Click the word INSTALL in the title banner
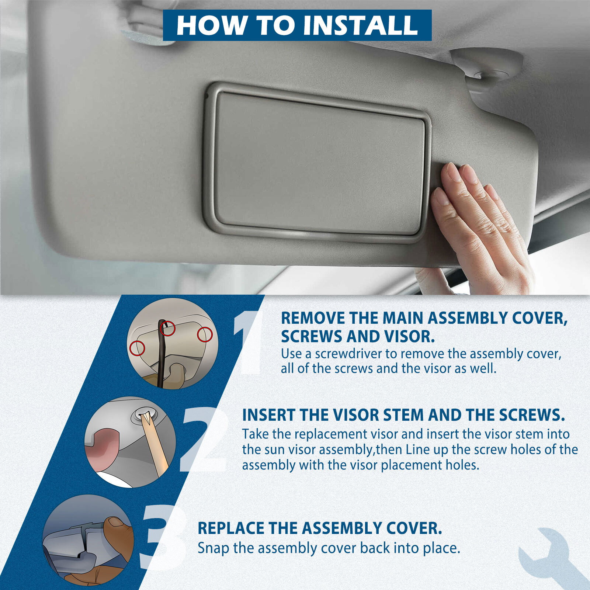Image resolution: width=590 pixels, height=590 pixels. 360,25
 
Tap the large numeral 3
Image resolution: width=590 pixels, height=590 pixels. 162,537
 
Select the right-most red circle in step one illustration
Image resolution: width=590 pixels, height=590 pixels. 205,334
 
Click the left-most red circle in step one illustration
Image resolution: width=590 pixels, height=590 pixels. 137,348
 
